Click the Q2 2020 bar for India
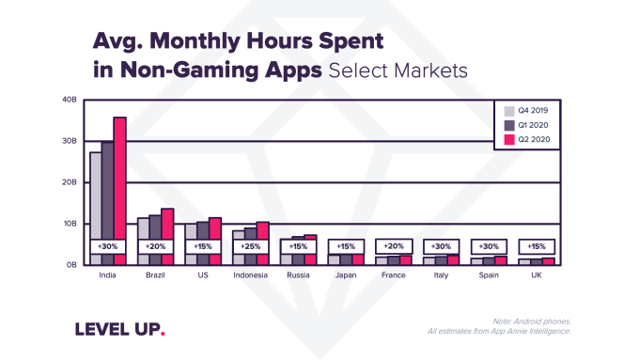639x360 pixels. tap(119, 179)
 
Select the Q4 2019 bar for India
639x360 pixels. tap(96, 197)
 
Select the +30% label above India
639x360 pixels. tap(107, 246)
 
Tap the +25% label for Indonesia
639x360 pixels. tap(250, 246)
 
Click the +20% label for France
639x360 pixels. tap(393, 246)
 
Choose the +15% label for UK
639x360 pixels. tap(536, 246)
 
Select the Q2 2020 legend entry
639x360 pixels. tap(525, 138)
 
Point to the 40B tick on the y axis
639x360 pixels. tap(69, 100)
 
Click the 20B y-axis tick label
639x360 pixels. tap(69, 182)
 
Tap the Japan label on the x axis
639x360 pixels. tap(346, 275)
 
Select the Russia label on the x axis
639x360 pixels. tap(298, 275)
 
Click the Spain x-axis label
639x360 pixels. tap(489, 275)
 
